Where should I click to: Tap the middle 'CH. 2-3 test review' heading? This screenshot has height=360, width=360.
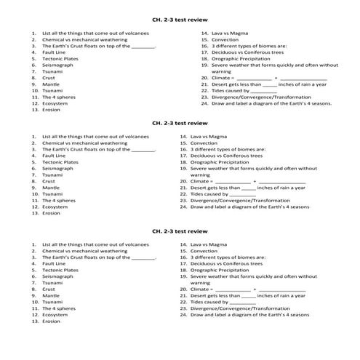pos(180,123)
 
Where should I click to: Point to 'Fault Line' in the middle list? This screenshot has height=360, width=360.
pos(55,156)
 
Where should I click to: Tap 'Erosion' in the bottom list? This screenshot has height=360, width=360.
pos(52,321)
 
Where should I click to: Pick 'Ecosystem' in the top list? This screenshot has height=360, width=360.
pos(55,103)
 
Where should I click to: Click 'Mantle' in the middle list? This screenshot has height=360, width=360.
pos(51,188)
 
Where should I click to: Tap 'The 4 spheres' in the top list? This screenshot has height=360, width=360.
pos(59,97)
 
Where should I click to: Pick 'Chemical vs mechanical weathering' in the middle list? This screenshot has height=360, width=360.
pos(84,143)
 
